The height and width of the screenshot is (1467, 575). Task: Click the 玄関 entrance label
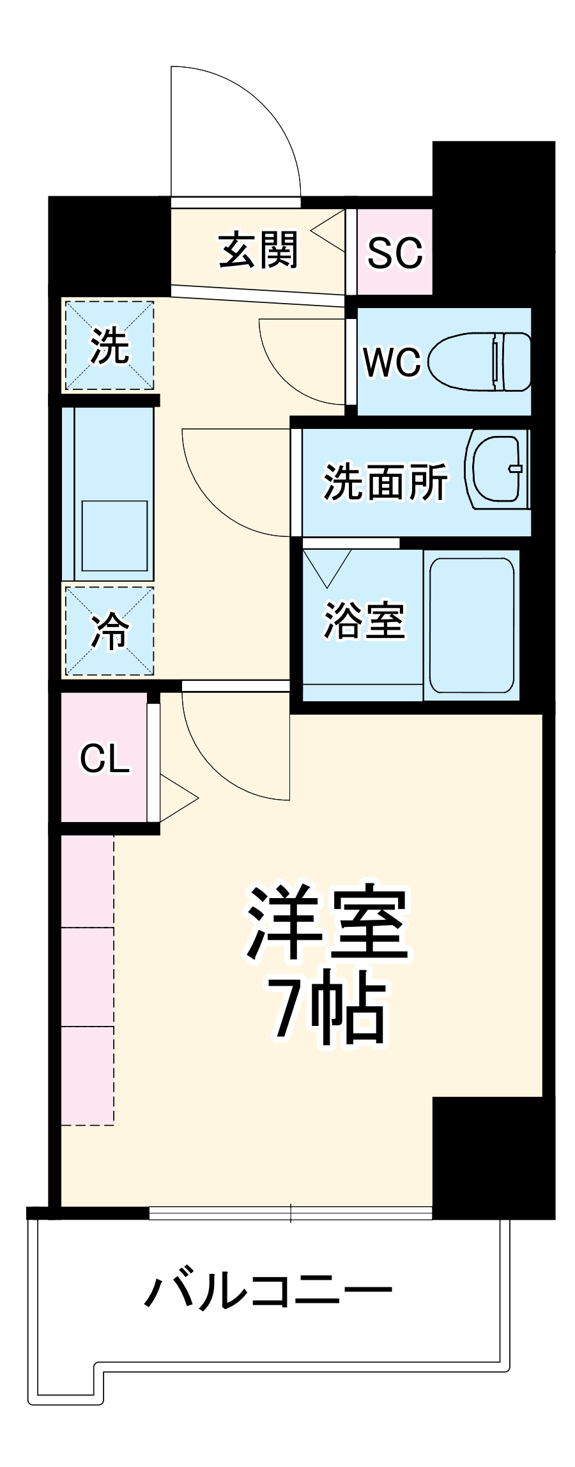pos(258,250)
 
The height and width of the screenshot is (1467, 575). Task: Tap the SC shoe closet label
pos(394,252)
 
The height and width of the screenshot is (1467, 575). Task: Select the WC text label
pos(392,362)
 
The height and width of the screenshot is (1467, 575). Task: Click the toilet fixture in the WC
pos(479,362)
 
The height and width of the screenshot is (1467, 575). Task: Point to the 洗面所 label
pos(385,482)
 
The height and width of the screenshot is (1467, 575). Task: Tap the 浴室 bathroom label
pos(364,620)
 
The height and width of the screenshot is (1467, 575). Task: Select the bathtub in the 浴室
pos(471,626)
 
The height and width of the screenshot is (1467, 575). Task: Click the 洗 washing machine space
pos(109,346)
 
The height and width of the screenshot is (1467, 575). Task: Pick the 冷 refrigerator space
pos(109,631)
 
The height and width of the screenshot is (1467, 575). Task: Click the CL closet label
pos(105,759)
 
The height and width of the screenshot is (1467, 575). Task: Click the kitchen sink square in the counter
pos(114,536)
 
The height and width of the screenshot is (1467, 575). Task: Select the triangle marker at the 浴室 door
pos(326,566)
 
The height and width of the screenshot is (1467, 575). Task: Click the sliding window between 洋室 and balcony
pos(291,1213)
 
